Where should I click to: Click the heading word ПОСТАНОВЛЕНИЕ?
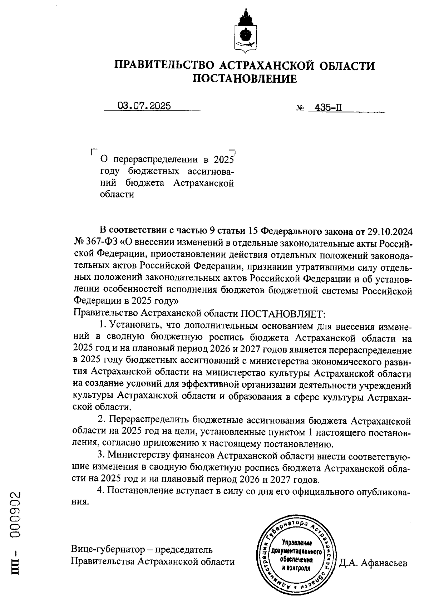tap(245, 78)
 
